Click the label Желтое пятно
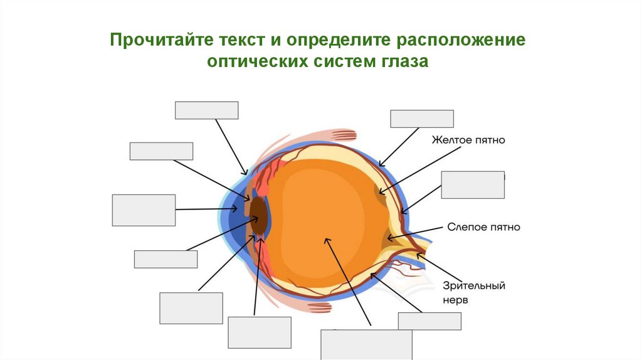[x=467, y=140]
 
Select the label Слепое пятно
[x=483, y=226]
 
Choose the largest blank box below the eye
[x=366, y=344]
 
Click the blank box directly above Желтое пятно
[x=421, y=119]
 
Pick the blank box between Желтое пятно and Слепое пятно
[x=472, y=184]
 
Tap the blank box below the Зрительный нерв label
[x=429, y=320]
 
